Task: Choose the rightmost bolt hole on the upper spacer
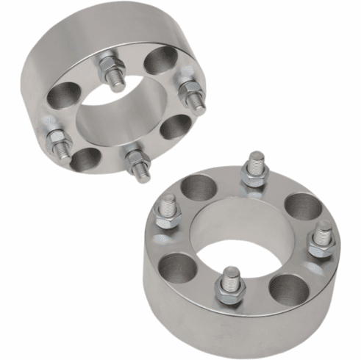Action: coord(174,126)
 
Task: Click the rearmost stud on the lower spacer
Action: coord(255,168)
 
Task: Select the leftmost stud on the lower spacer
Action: coord(167,212)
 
